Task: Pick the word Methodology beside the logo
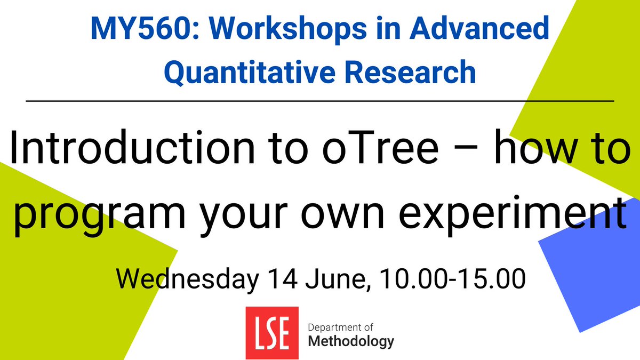(x=351, y=341)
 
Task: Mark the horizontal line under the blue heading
(x=320, y=100)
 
